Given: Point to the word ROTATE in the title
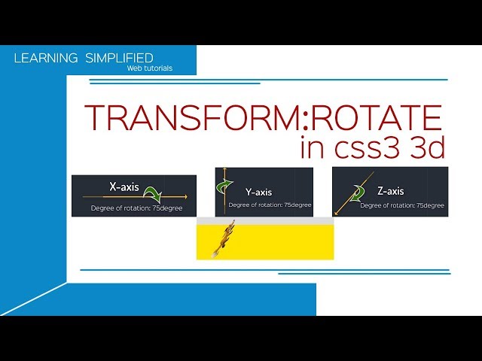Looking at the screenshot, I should coord(379,119).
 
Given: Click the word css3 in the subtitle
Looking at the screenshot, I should coord(366,147).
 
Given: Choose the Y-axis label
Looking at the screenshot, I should coord(258,192).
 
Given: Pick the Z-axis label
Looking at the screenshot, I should coord(390,191).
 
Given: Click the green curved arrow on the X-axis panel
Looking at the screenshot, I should coord(160,195).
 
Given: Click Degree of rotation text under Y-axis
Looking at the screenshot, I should coord(270,205).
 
